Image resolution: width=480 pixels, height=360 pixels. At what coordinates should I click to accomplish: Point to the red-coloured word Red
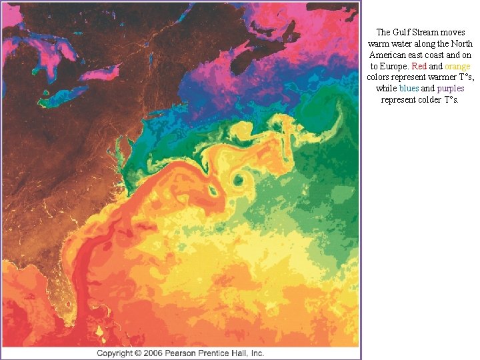click(419, 67)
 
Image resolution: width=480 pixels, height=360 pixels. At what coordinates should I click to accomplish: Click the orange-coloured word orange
click(457, 67)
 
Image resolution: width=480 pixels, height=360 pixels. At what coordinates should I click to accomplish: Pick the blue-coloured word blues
click(409, 89)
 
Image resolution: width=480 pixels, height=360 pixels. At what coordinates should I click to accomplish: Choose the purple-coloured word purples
click(451, 89)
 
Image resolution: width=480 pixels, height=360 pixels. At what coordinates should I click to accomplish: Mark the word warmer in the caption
click(436, 77)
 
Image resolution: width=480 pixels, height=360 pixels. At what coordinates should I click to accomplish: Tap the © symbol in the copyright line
click(139, 353)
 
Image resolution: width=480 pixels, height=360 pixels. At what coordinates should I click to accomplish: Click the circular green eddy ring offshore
click(238, 179)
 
